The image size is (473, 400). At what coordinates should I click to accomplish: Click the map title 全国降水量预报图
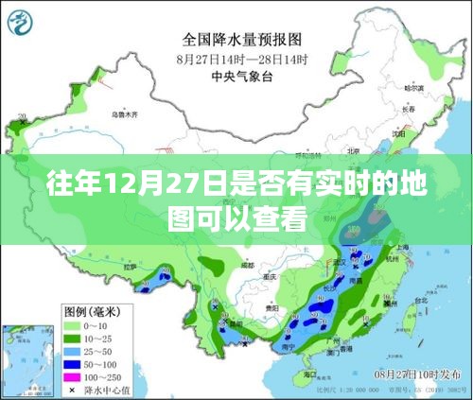tap(243, 41)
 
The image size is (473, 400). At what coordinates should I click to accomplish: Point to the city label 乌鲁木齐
tap(129, 115)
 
